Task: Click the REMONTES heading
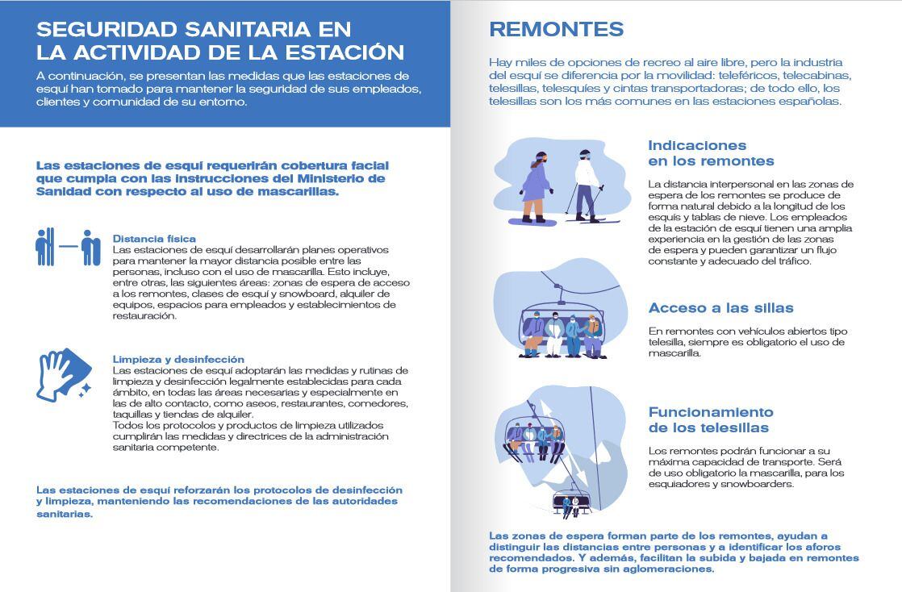pos(556,30)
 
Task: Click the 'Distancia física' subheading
pos(154,239)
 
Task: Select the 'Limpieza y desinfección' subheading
pos(178,359)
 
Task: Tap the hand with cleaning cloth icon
pos(63,375)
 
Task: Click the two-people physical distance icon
pos(68,248)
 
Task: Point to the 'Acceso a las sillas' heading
pos(720,308)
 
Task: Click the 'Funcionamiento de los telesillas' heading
pos(711,419)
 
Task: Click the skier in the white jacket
pos(586,187)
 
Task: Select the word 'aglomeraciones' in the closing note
pos(665,569)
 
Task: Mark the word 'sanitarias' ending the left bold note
pos(65,513)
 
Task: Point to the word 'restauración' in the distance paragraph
pos(144,316)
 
